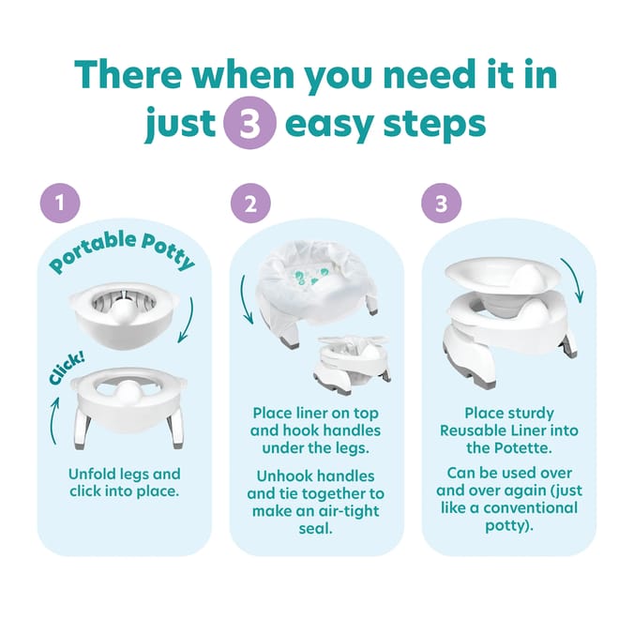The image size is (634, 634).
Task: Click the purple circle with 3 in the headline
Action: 249,125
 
